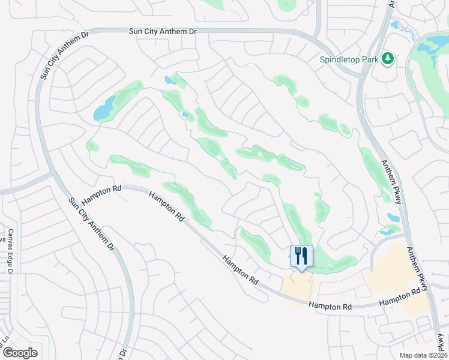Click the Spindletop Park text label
point(349,60)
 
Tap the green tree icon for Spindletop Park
point(388,59)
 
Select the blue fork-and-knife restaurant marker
point(301,256)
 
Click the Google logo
point(20,353)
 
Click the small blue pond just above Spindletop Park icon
point(396,26)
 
